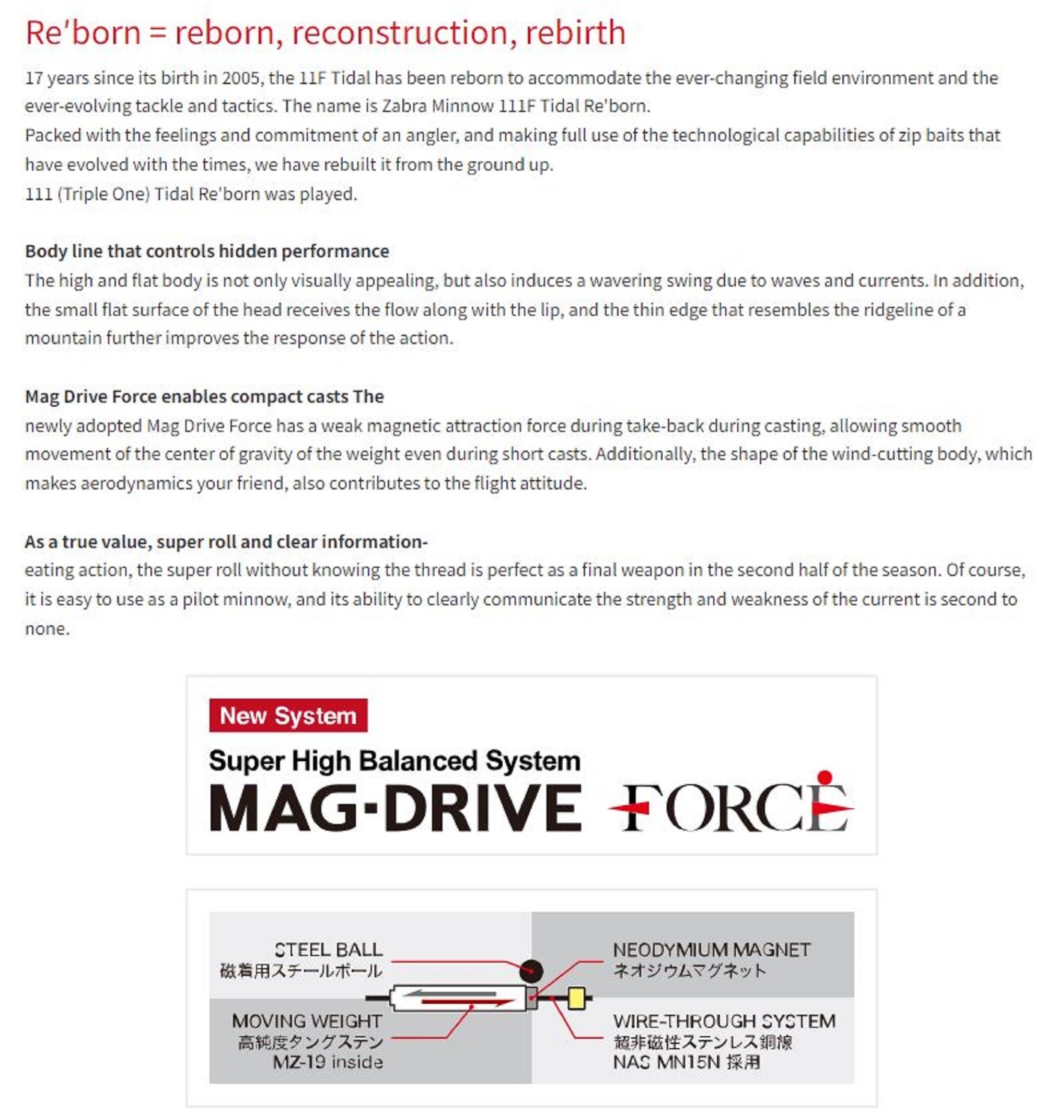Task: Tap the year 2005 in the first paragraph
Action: [x=240, y=78]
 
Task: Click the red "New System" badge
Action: [x=288, y=715]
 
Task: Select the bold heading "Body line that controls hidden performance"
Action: [x=207, y=251]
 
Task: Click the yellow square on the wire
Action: [x=576, y=998]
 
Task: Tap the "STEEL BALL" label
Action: [x=328, y=950]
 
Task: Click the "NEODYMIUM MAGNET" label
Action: [x=711, y=950]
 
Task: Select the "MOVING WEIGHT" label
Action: [x=307, y=1022]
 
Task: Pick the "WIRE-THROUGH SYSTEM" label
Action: [x=724, y=1022]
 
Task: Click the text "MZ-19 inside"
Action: [x=328, y=1062]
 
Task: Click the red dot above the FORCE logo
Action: [x=825, y=777]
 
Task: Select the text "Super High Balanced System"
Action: [x=394, y=761]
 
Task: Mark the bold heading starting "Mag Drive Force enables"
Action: [x=204, y=397]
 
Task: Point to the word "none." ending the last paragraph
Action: [x=48, y=629]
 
